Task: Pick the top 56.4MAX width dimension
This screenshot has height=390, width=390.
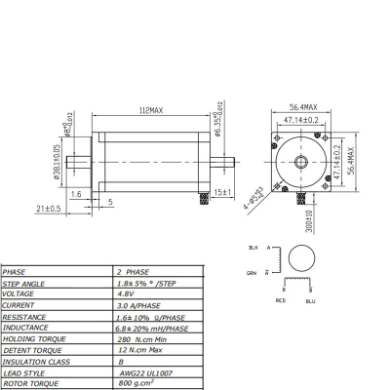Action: click(306, 107)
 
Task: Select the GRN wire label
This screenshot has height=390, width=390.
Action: click(253, 272)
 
